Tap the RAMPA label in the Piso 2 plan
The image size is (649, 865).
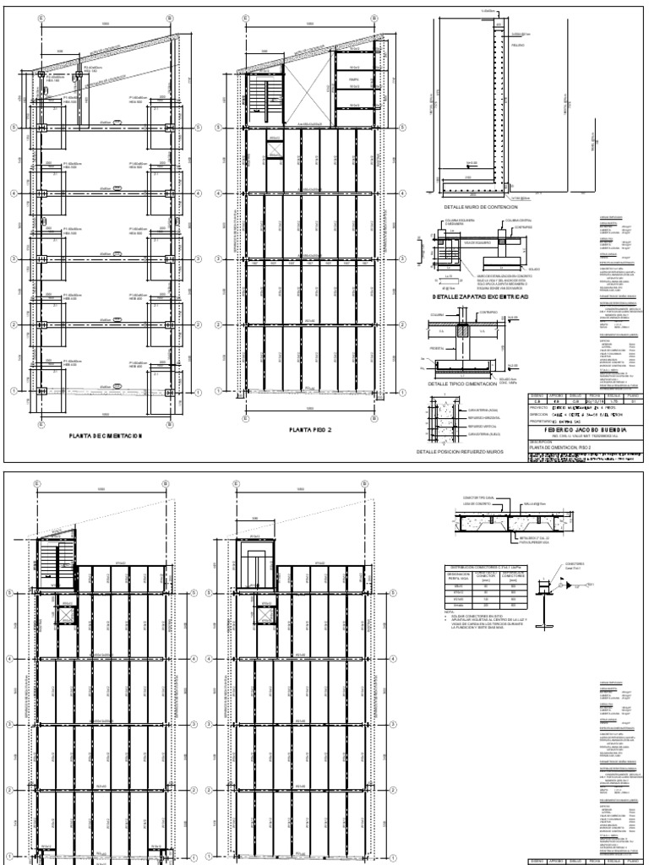352,83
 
